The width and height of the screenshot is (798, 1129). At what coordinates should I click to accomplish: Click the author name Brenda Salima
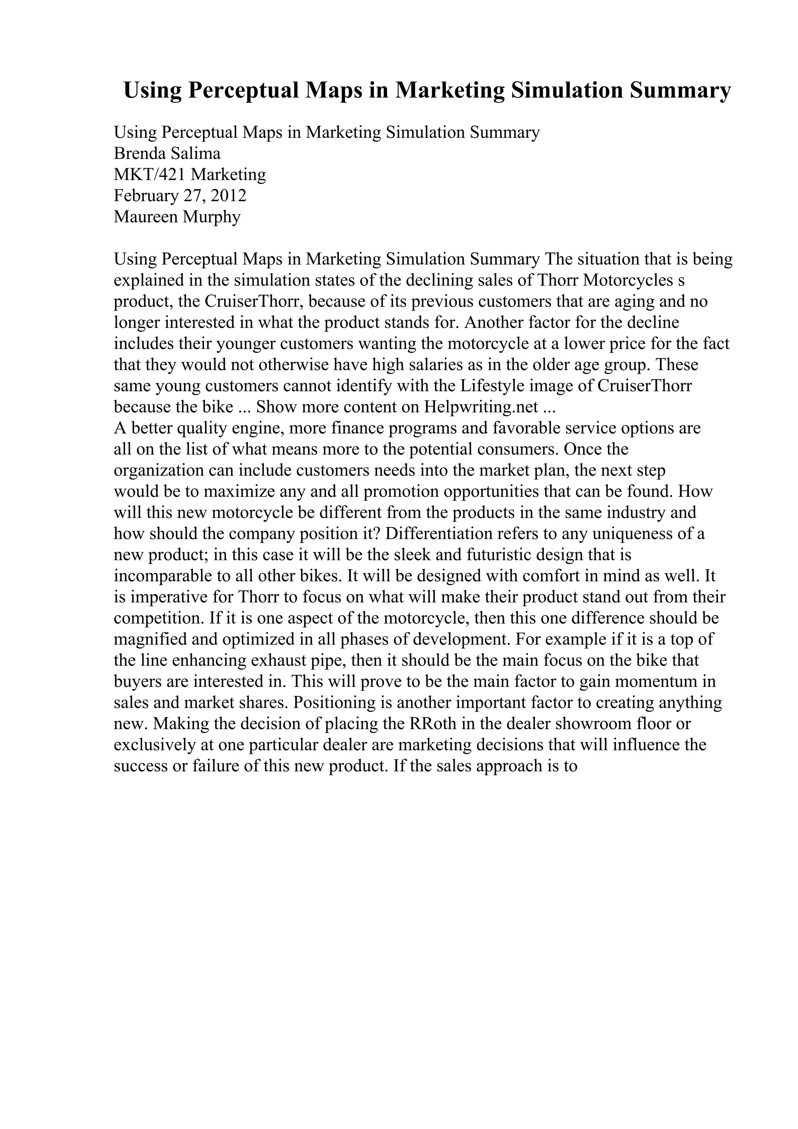[x=167, y=154]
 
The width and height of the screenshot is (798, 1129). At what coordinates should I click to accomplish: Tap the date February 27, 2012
[x=180, y=196]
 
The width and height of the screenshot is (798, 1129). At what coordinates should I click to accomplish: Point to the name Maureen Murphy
[x=177, y=217]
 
